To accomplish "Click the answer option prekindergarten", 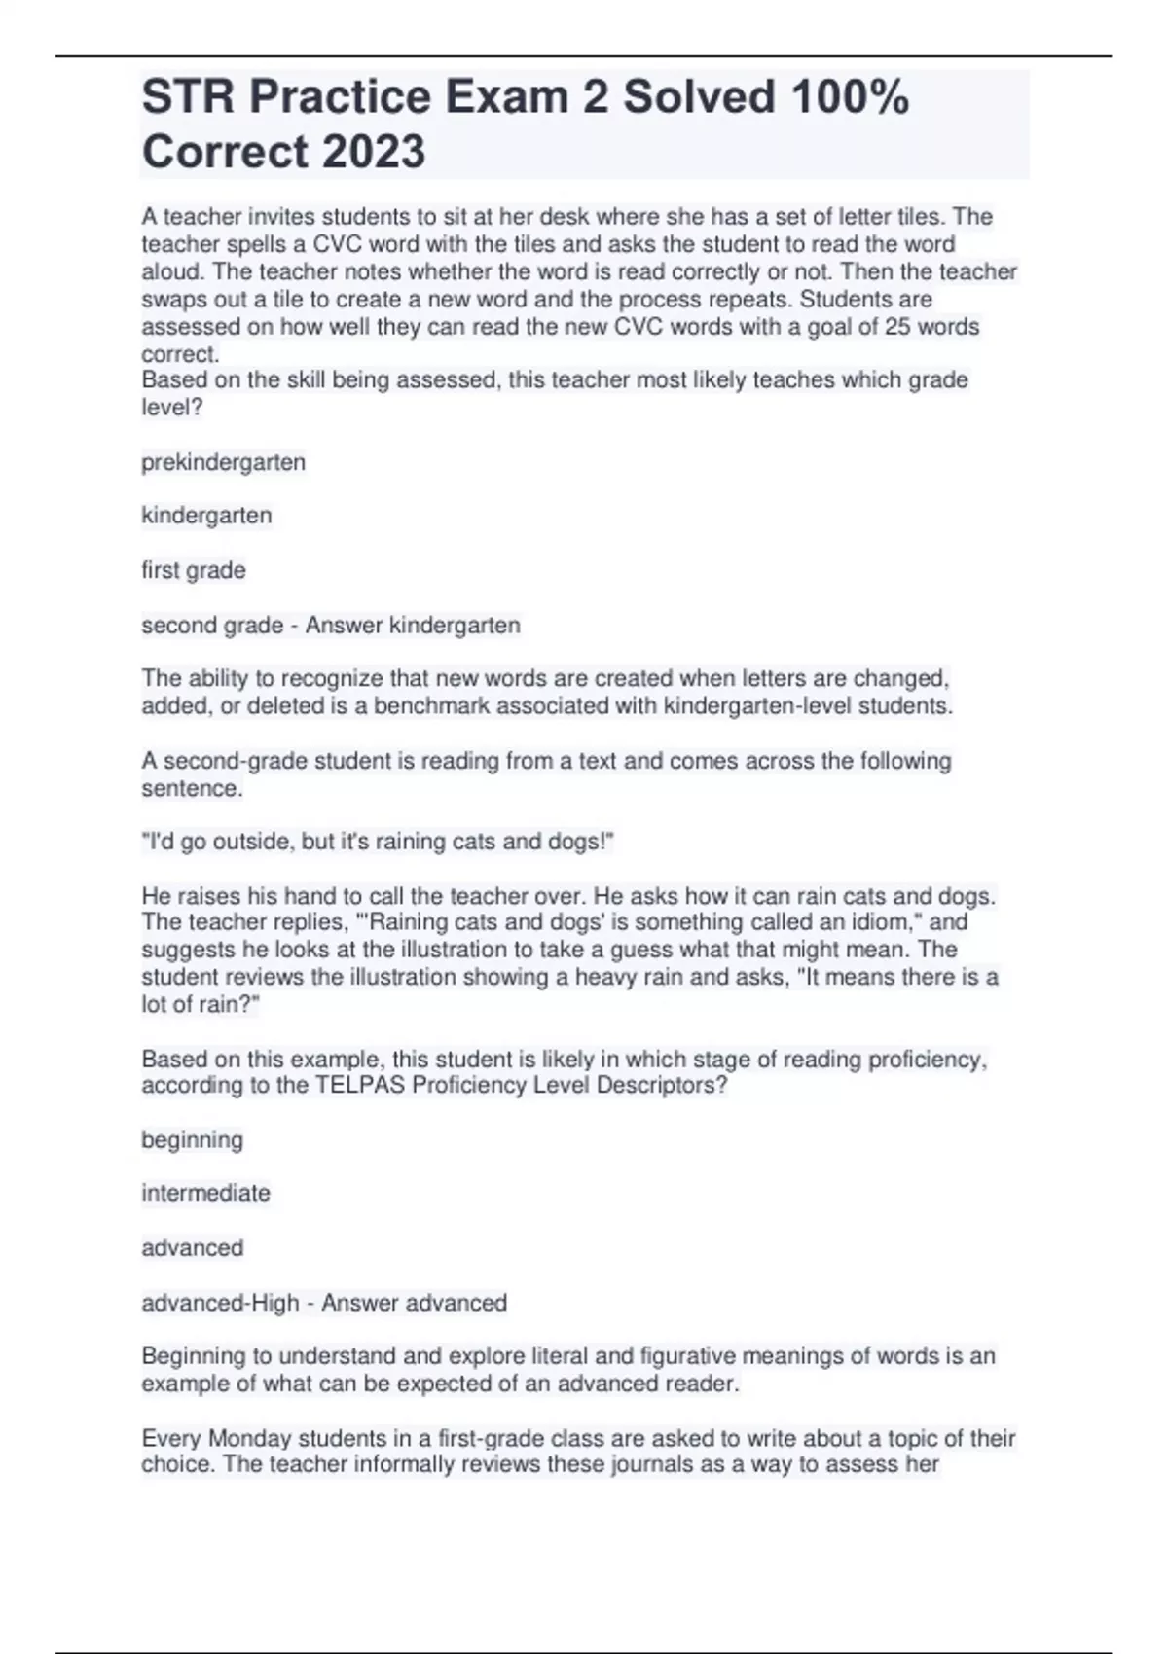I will click(x=223, y=462).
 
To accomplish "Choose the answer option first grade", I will click(x=193, y=570).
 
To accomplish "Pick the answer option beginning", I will click(x=192, y=1139).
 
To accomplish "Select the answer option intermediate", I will click(x=205, y=1193).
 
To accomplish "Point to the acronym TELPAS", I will click(x=360, y=1085).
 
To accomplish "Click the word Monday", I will click(x=250, y=1438).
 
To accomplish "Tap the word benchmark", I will click(x=432, y=705).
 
